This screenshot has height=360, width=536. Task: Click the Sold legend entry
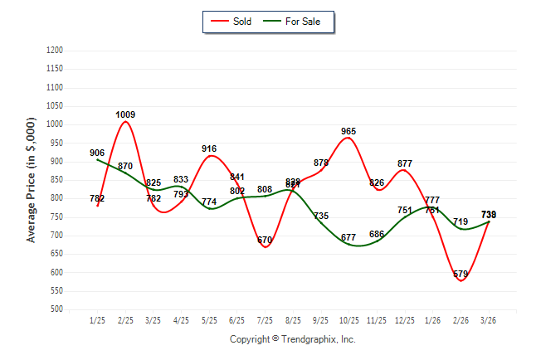point(231,22)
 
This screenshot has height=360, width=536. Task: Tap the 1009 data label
point(125,114)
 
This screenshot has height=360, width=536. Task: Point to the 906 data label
point(97,153)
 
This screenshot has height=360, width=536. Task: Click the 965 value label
point(348,131)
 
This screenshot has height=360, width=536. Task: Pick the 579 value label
point(461,274)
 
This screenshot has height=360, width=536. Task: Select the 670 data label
point(265,240)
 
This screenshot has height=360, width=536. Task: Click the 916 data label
point(209,148)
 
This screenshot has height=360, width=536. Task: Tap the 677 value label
point(348,238)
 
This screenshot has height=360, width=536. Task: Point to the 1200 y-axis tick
point(56,51)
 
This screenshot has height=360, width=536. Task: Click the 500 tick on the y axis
point(57,309)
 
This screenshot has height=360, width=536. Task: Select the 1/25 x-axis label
point(97,320)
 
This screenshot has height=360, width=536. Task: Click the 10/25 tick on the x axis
point(348,320)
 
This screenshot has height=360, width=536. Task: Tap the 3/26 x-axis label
point(489,320)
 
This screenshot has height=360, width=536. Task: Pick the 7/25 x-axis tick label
point(265,320)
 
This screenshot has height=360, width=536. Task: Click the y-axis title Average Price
point(32,180)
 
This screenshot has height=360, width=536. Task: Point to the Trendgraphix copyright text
point(292,339)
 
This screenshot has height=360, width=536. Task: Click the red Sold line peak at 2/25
point(125,122)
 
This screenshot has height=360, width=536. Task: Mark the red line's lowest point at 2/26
point(461,280)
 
